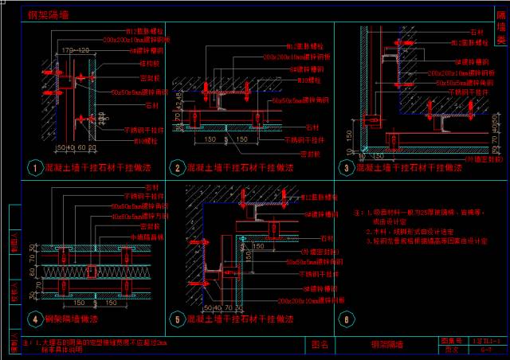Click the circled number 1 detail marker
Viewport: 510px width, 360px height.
pos(33,168)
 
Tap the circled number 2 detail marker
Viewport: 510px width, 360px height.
pos(176,168)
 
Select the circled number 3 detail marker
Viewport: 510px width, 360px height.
pos(345,168)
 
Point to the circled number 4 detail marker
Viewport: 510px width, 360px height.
pos(33,319)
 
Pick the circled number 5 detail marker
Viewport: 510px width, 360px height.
pos(176,319)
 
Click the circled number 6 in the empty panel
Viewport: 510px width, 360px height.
pos(345,319)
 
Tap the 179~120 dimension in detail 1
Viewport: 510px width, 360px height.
pos(75,49)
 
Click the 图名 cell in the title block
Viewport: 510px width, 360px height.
pos(320,345)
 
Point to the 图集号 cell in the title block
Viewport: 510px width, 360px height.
pos(450,340)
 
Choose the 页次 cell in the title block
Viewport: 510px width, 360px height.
pos(450,350)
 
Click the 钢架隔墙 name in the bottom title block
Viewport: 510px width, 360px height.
pos(387,345)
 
